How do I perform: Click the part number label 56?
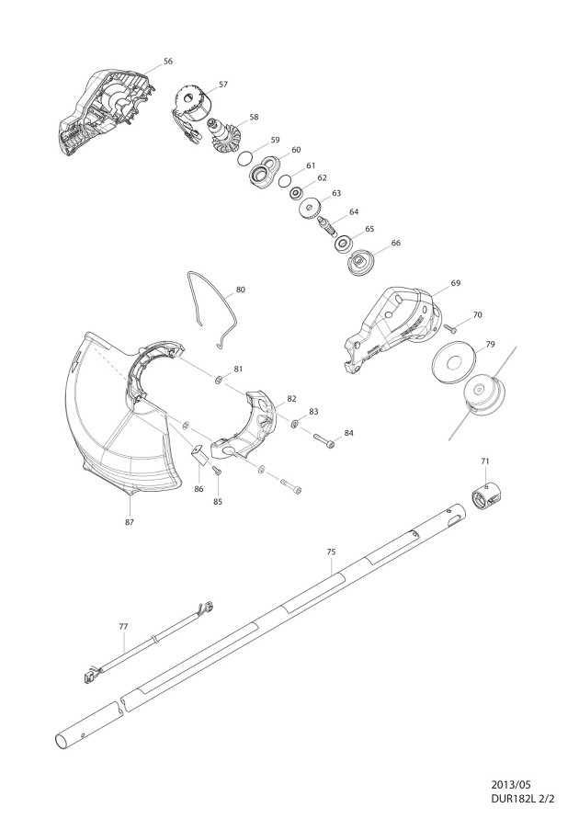click(x=167, y=61)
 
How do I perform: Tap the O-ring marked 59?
click(x=245, y=158)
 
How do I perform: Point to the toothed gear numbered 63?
click(x=312, y=209)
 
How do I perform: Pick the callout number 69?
click(x=455, y=283)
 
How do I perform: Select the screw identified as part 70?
click(x=450, y=328)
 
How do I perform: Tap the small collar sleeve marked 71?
click(x=486, y=495)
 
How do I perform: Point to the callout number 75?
click(x=331, y=552)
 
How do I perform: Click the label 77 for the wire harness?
click(x=123, y=626)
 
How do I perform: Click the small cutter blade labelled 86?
click(x=199, y=454)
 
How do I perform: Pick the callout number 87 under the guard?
click(x=129, y=522)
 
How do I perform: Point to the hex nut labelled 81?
click(x=218, y=379)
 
